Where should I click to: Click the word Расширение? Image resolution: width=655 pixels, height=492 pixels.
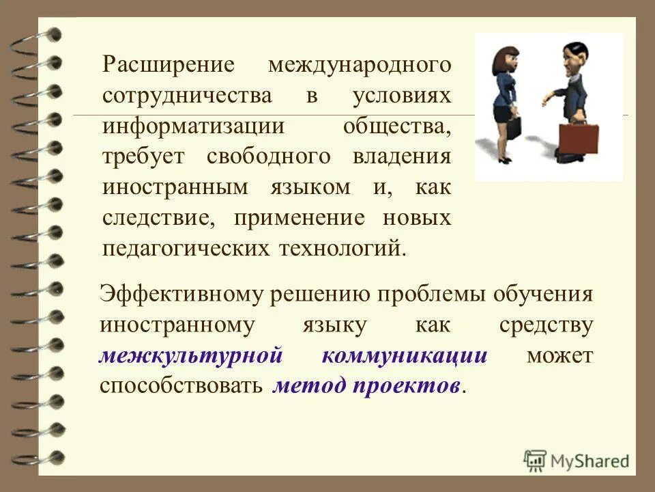click(x=169, y=65)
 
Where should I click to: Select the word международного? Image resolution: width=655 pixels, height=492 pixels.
click(x=360, y=65)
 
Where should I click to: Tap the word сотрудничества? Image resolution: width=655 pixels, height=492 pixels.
click(x=187, y=96)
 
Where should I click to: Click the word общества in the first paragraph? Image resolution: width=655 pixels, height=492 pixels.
click(x=396, y=126)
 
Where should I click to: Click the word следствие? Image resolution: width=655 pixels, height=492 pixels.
click(x=160, y=218)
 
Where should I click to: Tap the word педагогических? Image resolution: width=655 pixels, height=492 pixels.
click(x=185, y=247)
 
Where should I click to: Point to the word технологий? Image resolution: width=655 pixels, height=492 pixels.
click(x=342, y=247)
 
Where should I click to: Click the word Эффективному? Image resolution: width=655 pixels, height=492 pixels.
click(x=182, y=295)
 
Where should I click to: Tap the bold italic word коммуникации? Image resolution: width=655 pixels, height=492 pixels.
click(x=405, y=356)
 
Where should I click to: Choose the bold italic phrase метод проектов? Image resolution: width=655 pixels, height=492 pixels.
click(x=366, y=386)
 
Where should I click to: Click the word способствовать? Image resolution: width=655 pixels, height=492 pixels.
click(x=181, y=386)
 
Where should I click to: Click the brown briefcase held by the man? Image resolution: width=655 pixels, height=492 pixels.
click(x=578, y=139)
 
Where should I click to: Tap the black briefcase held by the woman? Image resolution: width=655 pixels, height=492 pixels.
click(x=513, y=127)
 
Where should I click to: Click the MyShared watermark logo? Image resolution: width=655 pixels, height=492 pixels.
click(x=577, y=460)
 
